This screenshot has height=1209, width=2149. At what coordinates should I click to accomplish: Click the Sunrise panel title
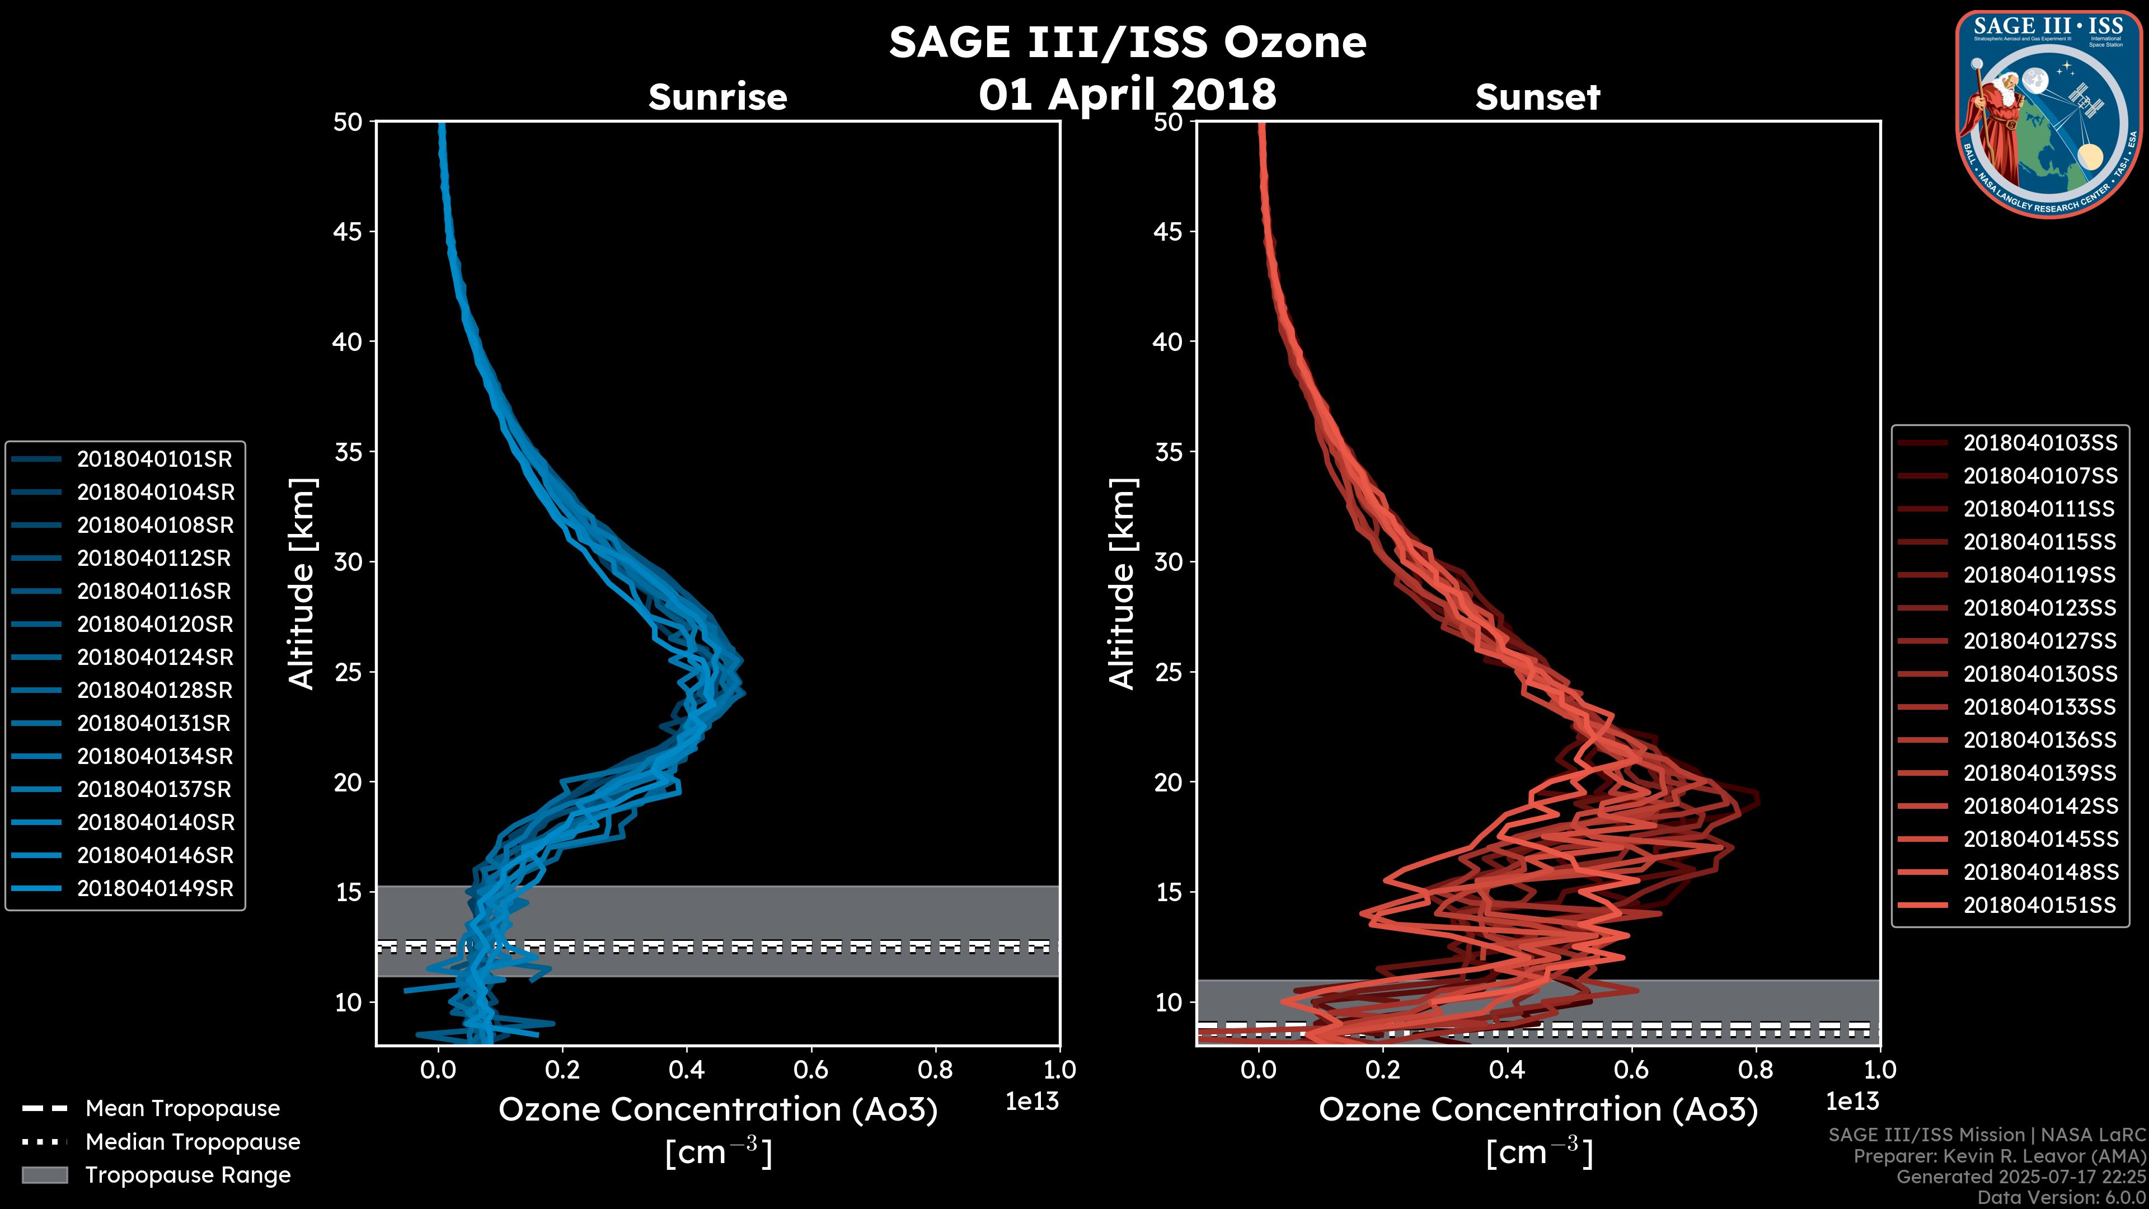coord(717,97)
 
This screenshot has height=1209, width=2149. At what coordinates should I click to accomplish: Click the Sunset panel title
coord(1537,97)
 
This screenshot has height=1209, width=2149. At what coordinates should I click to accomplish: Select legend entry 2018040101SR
coord(154,459)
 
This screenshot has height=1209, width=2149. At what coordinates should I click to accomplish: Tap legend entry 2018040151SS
coord(2040,905)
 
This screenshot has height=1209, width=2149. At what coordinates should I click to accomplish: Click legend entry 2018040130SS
coord(2040,673)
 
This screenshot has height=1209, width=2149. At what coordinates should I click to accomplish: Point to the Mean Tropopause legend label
coord(182,1108)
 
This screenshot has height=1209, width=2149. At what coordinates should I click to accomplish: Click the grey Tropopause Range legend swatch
coord(44,1175)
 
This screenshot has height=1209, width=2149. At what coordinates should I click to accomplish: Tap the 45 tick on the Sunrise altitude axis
coord(347,231)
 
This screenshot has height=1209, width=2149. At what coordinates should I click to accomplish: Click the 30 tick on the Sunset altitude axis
coord(1168,561)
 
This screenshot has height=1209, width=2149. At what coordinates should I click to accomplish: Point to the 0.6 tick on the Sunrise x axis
coord(811,1070)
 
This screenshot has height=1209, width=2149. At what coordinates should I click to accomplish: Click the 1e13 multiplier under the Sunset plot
coord(1852,1102)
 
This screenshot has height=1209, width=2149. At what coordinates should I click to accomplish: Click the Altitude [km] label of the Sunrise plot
coord(302,583)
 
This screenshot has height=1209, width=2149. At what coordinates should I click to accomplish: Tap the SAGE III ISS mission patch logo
coord(2049,114)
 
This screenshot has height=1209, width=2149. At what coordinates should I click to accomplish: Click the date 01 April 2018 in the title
coord(1127,94)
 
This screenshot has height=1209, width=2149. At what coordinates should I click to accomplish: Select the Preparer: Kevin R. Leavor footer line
coord(1999,1156)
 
